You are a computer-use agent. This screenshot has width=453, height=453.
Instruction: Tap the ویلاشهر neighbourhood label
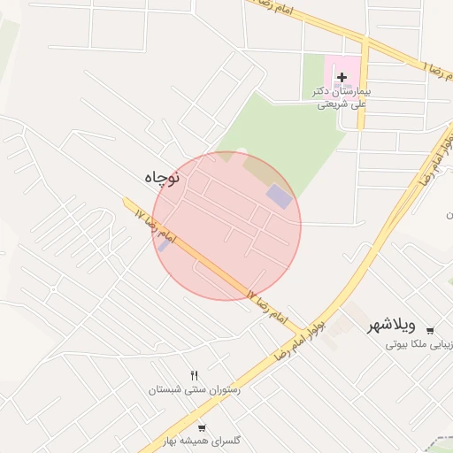pos(399,326)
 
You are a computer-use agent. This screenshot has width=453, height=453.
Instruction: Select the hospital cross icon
pos(342,78)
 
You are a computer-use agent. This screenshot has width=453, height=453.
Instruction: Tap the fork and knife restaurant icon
pos(194,375)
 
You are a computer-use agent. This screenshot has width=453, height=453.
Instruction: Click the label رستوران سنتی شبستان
pos(194,389)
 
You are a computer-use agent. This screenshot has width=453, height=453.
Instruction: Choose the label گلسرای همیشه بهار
pos(203,440)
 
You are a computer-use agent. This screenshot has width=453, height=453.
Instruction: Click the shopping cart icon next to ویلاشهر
pos(429,331)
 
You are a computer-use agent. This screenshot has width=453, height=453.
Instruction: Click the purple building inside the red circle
pos(279,196)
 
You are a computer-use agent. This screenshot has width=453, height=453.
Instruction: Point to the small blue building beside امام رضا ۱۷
pos(162,243)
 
